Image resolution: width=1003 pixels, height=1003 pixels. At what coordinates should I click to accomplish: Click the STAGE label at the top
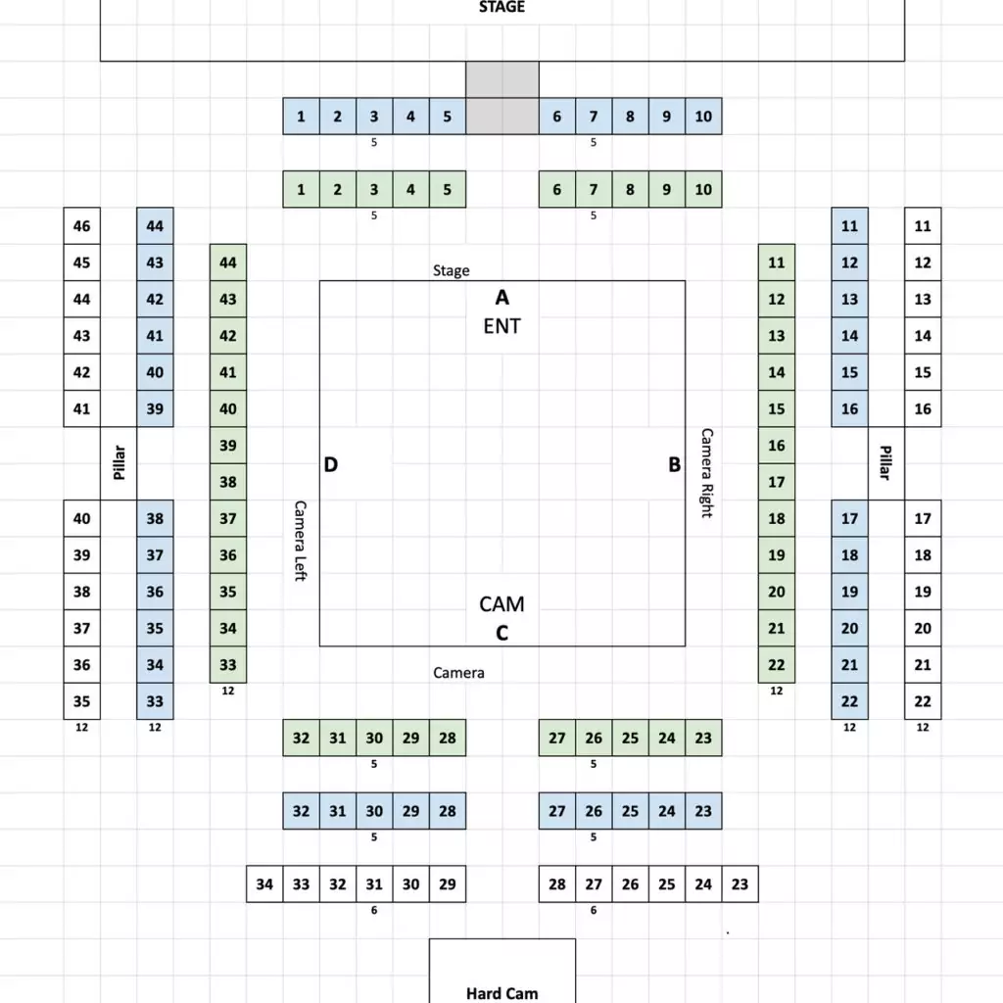[x=501, y=7]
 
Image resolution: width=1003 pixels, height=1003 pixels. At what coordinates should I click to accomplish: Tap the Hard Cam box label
[x=502, y=993]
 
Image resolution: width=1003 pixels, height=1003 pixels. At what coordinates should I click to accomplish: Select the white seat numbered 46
[x=82, y=226]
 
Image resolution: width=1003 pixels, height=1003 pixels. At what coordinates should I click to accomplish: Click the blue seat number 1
[x=302, y=117]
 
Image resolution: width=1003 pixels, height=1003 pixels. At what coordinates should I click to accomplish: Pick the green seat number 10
[x=703, y=189]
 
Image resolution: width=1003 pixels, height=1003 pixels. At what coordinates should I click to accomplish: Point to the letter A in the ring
[x=502, y=298]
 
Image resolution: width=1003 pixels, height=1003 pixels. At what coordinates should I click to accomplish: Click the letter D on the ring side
[x=331, y=464]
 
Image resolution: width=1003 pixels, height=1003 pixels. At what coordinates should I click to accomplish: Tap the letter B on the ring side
[x=674, y=464]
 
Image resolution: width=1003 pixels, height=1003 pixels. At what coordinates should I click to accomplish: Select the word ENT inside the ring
[x=502, y=326]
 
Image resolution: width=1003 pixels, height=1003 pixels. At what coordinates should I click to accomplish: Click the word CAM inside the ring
[x=502, y=603]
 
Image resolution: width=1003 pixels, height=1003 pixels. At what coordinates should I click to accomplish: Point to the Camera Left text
[x=300, y=541]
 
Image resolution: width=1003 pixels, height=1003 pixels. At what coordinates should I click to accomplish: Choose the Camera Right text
[x=707, y=473]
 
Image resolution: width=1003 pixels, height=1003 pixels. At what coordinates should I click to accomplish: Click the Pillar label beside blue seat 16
[x=885, y=462]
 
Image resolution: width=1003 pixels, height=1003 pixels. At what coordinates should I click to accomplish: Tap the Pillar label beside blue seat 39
[x=119, y=462]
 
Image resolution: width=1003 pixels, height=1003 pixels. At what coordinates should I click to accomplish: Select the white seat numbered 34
[x=264, y=884]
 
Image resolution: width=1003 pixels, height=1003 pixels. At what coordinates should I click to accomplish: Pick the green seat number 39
[x=228, y=446]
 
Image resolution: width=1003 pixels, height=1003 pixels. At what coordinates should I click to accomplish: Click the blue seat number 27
[x=557, y=811]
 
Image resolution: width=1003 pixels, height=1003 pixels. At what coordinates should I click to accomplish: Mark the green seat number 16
[x=777, y=446]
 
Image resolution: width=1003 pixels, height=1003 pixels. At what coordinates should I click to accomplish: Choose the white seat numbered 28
[x=557, y=884]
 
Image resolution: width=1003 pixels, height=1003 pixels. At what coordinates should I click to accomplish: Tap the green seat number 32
[x=302, y=738]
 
